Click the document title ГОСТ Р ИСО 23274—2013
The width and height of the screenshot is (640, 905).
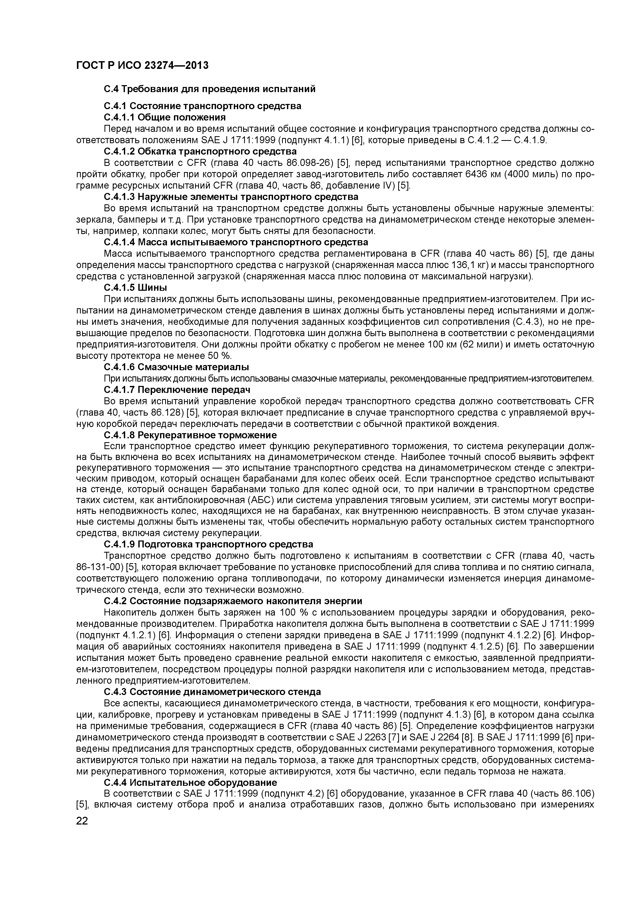tap(142, 65)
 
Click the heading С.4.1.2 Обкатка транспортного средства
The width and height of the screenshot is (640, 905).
tap(200, 151)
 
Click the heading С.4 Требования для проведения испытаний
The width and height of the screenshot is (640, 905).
tap(209, 89)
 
